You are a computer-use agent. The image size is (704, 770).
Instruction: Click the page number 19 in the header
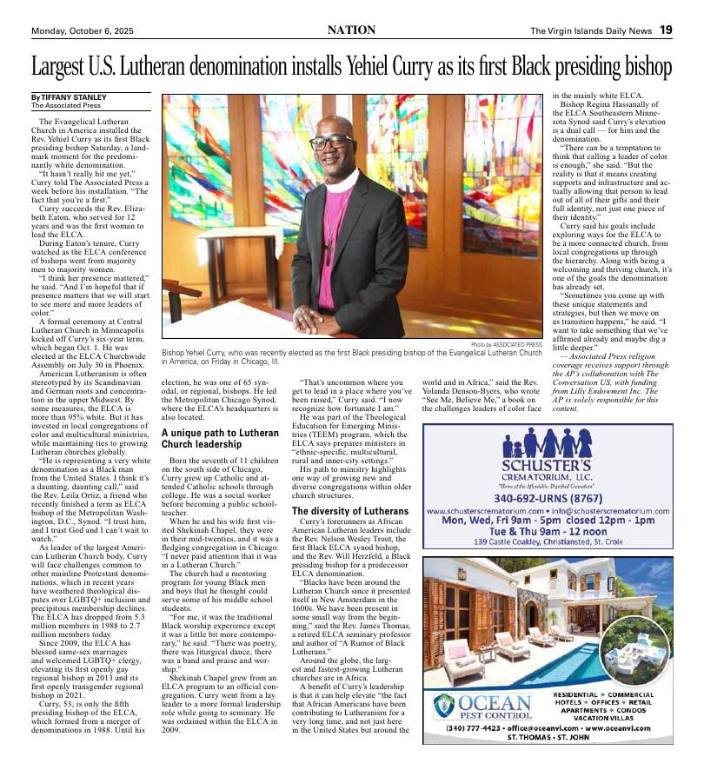(x=665, y=30)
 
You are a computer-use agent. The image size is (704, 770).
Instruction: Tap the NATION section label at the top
(x=351, y=30)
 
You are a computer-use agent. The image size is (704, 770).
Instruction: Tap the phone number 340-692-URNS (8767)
(x=548, y=499)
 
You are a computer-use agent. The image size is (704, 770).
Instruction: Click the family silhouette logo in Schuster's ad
(x=547, y=444)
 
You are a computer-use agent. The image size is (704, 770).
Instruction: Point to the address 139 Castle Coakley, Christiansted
(x=548, y=542)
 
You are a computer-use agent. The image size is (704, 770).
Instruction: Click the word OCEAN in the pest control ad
(x=495, y=703)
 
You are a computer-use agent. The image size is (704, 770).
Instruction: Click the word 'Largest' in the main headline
(x=68, y=67)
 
